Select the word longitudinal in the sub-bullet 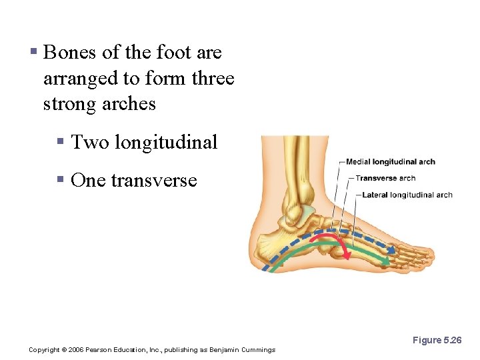(166, 142)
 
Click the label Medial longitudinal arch (390, 162)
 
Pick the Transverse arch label (385, 178)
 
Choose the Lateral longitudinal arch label (407, 195)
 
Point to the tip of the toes (430, 255)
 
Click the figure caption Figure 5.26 (437, 340)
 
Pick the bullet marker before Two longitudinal (60, 142)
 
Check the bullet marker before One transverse (60, 180)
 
